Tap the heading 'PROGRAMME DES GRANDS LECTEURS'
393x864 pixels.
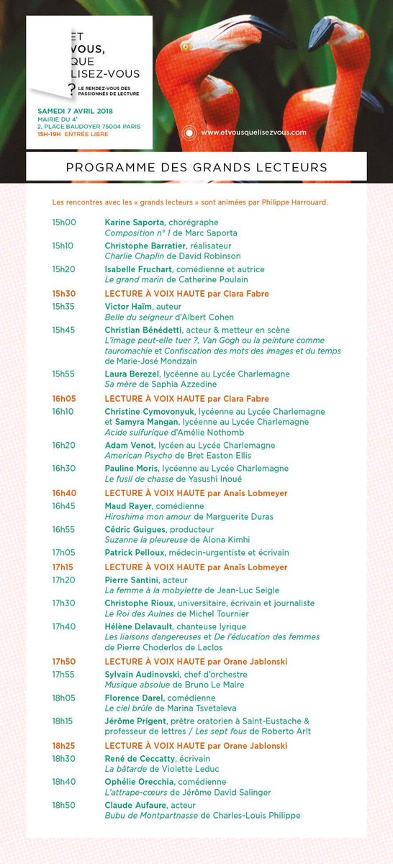click(196, 167)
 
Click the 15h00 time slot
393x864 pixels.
click(63, 222)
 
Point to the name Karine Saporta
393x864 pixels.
click(132, 222)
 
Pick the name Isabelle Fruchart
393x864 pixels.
click(138, 269)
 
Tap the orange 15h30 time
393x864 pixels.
click(63, 293)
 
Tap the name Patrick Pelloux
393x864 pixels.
click(135, 553)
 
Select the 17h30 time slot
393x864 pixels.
click(63, 603)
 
